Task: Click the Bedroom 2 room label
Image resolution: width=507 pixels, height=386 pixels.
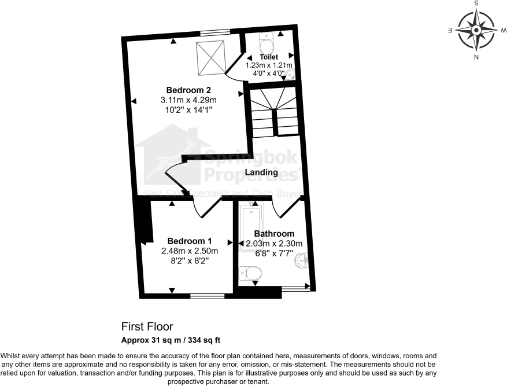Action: [188, 90]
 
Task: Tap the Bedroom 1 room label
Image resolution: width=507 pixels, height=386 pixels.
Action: [190, 241]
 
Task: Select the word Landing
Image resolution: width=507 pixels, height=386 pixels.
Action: [261, 172]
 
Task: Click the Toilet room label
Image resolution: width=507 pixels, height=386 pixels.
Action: [269, 57]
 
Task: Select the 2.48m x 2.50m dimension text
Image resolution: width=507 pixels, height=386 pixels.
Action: [190, 251]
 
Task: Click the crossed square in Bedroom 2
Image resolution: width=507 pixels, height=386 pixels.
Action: [210, 58]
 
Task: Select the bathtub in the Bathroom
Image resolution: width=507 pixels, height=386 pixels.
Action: [251, 227]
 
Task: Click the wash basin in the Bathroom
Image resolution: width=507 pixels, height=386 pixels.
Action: [302, 262]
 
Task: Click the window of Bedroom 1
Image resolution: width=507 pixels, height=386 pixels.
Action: [208, 296]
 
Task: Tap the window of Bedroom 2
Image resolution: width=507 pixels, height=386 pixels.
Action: [215, 32]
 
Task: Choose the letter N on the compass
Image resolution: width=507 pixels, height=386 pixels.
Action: [476, 57]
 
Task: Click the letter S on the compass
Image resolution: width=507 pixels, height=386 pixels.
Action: [476, 3]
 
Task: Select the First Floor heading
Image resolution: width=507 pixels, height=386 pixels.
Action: [147, 327]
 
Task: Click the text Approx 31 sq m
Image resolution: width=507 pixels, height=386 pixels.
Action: [150, 340]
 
